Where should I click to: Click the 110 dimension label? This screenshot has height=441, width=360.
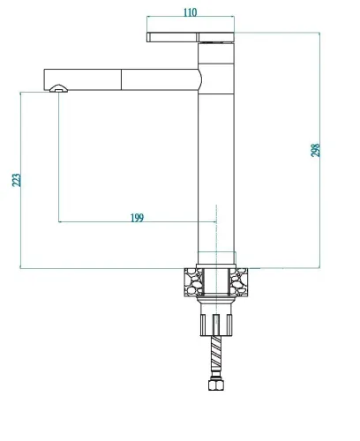[191, 11]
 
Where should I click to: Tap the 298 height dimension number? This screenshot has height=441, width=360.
[316, 149]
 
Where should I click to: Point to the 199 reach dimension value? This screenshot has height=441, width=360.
[136, 216]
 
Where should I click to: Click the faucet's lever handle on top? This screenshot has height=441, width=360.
[191, 36]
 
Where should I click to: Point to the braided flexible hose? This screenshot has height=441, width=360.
[214, 356]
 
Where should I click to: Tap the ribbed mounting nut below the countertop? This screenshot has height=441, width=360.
[214, 323]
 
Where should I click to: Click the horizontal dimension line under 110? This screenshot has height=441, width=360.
[191, 19]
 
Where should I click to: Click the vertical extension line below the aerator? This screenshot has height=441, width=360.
[58, 159]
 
